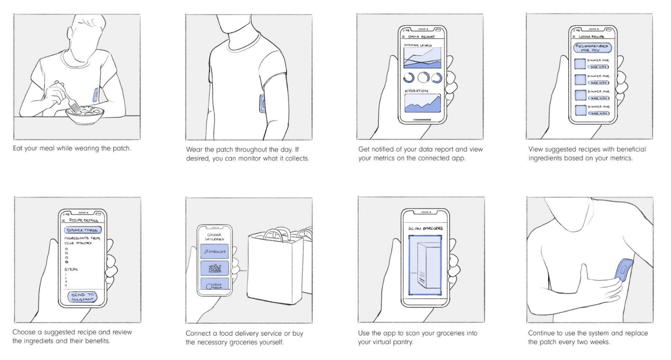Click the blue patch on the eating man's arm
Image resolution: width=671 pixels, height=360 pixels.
click(96, 95)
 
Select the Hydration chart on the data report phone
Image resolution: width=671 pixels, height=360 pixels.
click(422, 103)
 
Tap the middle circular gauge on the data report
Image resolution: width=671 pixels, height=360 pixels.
click(423, 78)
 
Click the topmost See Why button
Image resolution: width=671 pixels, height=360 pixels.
click(599, 67)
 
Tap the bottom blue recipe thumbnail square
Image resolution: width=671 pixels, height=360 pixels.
click(580, 110)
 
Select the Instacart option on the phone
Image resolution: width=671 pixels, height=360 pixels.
click(214, 252)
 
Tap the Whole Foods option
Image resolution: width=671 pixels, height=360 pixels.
click(214, 268)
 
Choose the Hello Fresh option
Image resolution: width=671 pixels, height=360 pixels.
click(214, 285)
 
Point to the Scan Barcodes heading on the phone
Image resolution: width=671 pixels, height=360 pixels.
click(425, 229)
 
